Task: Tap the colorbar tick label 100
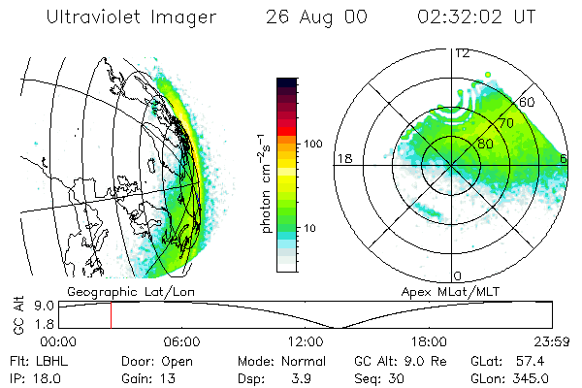tap(313, 144)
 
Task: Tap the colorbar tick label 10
tap(311, 228)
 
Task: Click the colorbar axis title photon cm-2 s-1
tap(266, 183)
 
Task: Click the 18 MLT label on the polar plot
tap(342, 158)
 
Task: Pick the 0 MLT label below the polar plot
tap(458, 276)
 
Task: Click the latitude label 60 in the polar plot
tap(529, 102)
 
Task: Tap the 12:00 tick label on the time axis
tap(305, 341)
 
